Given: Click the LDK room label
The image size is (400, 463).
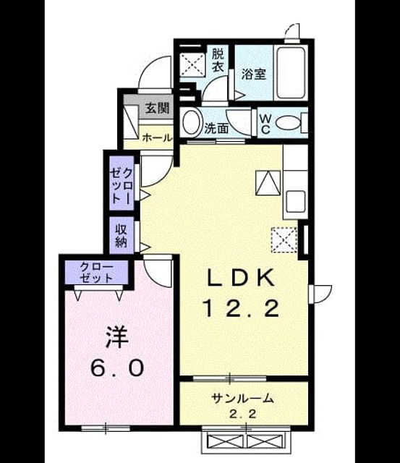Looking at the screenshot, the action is (x=241, y=278).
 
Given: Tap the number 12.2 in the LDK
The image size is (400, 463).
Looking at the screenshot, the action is (x=241, y=308).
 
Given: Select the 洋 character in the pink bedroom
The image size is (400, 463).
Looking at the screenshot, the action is (x=117, y=337).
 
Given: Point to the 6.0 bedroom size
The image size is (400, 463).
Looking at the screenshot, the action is (x=117, y=368).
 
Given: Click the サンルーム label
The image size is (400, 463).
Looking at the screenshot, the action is (x=242, y=399).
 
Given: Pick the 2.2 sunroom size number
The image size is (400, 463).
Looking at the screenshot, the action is (x=242, y=415).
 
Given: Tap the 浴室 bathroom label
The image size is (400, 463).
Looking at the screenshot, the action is (x=254, y=75).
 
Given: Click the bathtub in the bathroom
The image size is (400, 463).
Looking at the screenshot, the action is (x=291, y=72).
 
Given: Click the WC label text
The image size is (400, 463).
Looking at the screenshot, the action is (x=265, y=124).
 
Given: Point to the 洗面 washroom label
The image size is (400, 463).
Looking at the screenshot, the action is (x=217, y=128).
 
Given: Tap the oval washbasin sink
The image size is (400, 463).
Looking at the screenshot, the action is (x=191, y=122).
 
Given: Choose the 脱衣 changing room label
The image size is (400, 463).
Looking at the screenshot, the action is (x=218, y=60).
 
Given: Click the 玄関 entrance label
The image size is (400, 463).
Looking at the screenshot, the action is (x=158, y=109).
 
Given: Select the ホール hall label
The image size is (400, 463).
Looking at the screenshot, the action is (x=157, y=138).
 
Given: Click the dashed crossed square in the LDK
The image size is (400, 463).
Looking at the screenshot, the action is (x=284, y=239).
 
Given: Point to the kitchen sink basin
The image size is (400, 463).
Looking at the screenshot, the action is (x=296, y=201).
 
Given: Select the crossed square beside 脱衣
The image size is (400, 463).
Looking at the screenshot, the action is (x=192, y=65).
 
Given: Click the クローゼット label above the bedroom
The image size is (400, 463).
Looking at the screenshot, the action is (x=96, y=272).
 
